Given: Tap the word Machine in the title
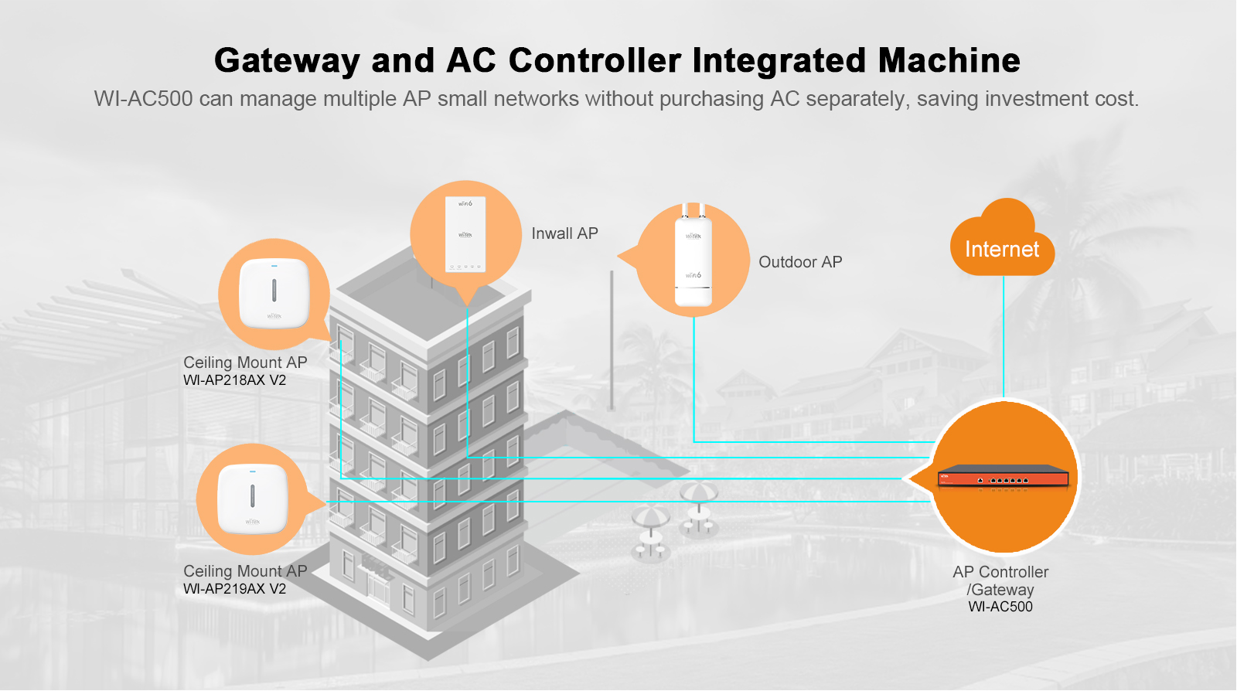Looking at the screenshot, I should (949, 60).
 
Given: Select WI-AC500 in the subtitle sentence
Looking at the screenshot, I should (143, 99).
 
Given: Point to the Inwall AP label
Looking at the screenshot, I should (564, 233).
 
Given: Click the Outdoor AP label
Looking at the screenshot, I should (800, 262).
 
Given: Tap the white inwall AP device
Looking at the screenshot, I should (465, 234).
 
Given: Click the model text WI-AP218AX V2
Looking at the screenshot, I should (234, 380).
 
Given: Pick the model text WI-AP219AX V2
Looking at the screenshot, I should (234, 589).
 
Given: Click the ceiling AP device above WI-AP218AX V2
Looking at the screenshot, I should (274, 294).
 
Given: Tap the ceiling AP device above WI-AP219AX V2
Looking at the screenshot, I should (252, 499).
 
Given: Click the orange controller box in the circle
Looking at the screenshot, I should (1003, 477).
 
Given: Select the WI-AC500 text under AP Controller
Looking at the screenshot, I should (1000, 608).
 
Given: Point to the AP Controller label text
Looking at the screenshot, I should (1000, 573).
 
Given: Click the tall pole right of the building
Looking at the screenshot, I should (612, 340).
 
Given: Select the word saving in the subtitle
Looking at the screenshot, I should (948, 99).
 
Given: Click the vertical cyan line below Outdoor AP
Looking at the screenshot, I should (693, 379).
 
